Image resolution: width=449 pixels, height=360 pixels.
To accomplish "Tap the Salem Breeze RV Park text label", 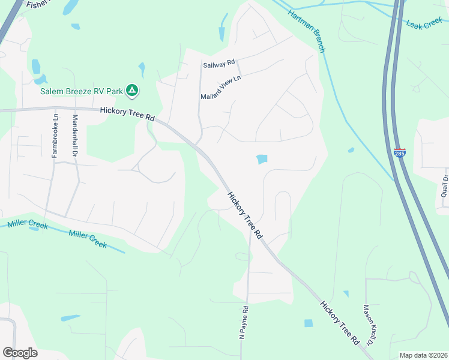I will (x=82, y=92).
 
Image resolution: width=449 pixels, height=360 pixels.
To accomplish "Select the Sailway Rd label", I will (x=218, y=64).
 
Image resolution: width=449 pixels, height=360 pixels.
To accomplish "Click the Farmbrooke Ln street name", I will (x=54, y=136).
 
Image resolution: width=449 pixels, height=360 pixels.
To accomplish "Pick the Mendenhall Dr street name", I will (x=76, y=136).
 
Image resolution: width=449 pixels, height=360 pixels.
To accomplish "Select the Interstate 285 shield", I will (x=400, y=153).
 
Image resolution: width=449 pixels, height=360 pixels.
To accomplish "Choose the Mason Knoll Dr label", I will (x=369, y=325).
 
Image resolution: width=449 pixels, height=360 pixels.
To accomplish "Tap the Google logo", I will (x=20, y=353).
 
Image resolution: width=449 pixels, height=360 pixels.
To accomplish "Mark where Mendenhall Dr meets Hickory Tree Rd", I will (x=75, y=109).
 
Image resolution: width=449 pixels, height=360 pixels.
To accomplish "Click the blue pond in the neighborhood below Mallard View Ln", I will (x=262, y=159).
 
